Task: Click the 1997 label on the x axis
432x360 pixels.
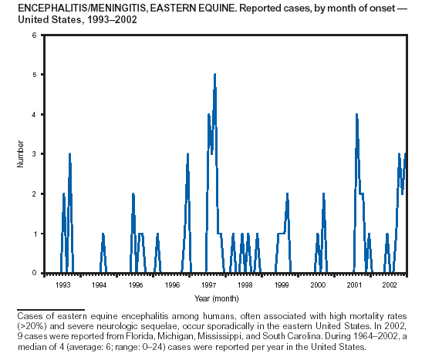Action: click(x=208, y=285)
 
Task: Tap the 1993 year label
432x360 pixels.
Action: click(x=62, y=285)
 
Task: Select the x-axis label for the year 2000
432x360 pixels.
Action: click(x=318, y=285)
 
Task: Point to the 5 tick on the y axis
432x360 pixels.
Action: click(x=35, y=75)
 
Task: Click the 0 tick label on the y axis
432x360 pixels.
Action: click(x=35, y=273)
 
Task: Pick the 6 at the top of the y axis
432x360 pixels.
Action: click(x=35, y=35)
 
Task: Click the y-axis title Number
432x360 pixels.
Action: click(x=20, y=154)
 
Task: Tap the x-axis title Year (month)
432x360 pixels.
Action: click(x=217, y=298)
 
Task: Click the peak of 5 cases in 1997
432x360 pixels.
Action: click(x=215, y=74)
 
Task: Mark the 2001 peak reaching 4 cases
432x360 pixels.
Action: click(x=356, y=114)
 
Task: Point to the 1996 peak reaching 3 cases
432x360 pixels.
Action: click(x=187, y=154)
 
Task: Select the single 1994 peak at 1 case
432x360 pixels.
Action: click(x=103, y=234)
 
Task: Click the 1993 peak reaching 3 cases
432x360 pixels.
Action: click(x=69, y=154)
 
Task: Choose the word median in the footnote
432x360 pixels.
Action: click(x=30, y=347)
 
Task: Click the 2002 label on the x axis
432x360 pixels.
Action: click(x=390, y=285)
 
